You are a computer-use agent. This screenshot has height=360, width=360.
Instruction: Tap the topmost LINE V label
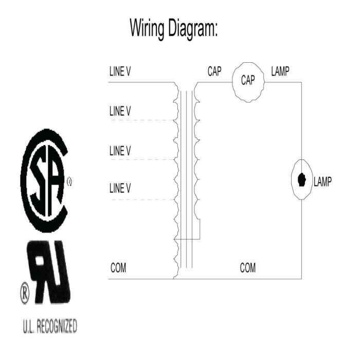(120, 71)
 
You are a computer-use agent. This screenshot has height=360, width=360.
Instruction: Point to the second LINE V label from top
(120, 111)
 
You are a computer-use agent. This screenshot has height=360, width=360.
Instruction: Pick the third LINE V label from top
(120, 151)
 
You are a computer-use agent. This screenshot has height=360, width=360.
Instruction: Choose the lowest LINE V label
(120, 188)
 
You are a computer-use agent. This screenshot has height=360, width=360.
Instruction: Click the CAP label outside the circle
(214, 71)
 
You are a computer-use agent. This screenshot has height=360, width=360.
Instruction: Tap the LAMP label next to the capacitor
(280, 71)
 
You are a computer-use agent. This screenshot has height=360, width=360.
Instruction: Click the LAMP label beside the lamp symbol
(322, 182)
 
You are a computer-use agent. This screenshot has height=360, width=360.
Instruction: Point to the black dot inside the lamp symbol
(301, 180)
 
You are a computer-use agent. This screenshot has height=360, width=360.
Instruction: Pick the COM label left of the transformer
(118, 268)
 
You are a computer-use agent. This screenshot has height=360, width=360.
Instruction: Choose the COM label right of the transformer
(248, 268)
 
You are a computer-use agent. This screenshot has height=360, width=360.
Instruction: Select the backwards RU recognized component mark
(49, 272)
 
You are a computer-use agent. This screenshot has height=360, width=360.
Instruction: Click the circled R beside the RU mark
(25, 293)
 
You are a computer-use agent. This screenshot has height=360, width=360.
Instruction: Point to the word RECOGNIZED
(57, 326)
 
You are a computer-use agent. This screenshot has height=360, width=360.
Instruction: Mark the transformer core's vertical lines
(186, 179)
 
